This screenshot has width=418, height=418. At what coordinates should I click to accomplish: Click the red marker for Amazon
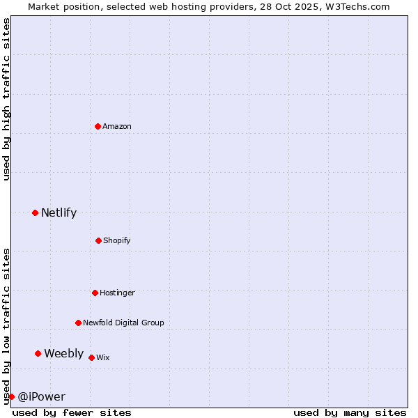point(98,126)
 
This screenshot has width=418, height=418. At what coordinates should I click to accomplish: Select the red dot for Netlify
point(35,212)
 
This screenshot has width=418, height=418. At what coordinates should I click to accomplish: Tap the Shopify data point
point(98,240)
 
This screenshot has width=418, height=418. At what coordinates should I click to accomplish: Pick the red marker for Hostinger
point(95,293)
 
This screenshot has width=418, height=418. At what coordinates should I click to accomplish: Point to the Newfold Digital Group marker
point(78,323)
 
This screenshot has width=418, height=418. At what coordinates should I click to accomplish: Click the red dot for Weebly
point(38,353)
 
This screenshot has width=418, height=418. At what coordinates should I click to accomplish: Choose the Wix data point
point(91,357)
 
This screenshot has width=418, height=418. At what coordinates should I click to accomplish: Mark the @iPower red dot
point(11,396)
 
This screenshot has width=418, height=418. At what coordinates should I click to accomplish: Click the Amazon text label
point(117,126)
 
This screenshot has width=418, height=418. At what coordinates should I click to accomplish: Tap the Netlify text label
point(59,213)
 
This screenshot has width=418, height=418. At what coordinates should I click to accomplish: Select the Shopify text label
point(117,240)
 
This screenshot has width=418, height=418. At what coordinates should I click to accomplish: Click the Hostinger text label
point(117,293)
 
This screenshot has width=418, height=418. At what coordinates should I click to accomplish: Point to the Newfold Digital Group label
point(123,323)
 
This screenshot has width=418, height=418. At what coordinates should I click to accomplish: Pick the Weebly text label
point(63,354)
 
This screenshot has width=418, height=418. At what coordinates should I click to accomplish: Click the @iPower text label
point(41,397)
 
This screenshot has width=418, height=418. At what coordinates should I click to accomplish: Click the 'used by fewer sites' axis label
point(72,412)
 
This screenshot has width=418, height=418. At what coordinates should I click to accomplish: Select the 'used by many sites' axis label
point(350,412)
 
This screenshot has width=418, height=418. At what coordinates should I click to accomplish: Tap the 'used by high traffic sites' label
point(6,99)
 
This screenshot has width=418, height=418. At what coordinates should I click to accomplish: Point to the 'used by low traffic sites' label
point(6,326)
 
